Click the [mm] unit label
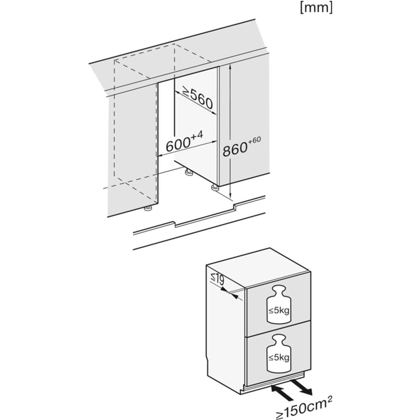[316, 8]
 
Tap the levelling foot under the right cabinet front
[215, 187]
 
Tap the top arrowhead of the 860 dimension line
[231, 68]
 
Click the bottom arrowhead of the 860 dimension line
[231, 196]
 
